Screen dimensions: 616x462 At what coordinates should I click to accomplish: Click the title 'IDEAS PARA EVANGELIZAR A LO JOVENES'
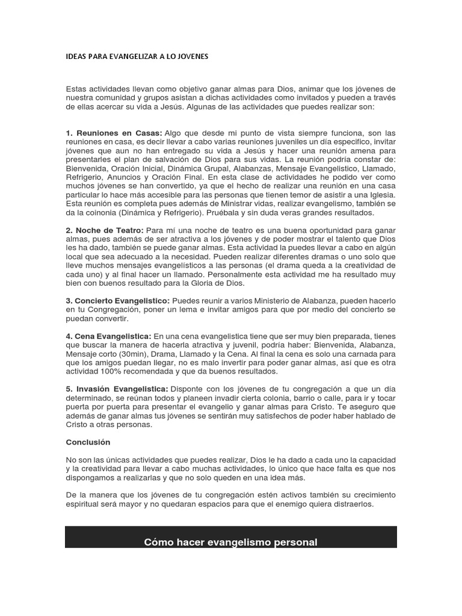coord(137,56)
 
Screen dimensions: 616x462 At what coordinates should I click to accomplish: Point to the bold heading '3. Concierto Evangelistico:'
coord(118,300)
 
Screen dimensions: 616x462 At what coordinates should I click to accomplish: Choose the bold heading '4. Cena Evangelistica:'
coord(109,335)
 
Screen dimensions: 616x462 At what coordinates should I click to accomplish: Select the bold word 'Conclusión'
coord(88,442)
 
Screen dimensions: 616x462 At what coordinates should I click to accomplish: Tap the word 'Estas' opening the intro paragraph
coord(76,89)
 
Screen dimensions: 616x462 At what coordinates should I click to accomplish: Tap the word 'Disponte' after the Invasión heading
coord(188,390)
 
